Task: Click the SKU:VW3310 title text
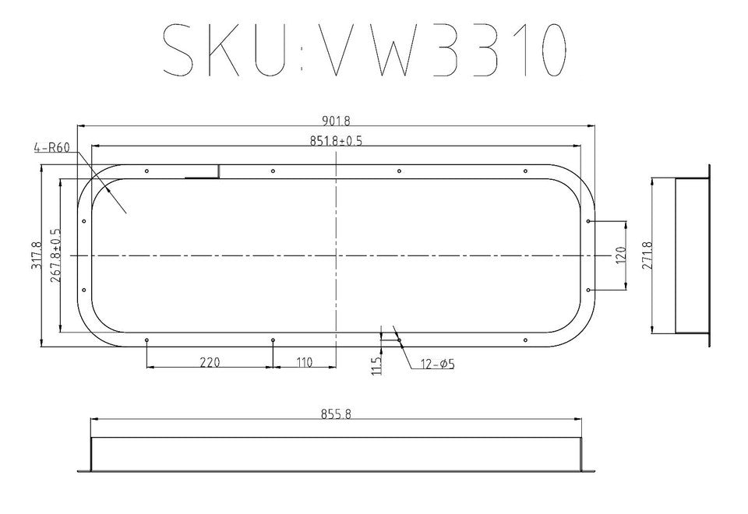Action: pos(362,51)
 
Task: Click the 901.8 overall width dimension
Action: pos(336,121)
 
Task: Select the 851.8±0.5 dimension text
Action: pos(337,141)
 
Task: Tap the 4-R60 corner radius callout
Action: pos(51,147)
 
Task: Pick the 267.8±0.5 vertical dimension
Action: pos(55,255)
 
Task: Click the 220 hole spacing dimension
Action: pos(210,362)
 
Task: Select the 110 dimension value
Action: pos(304,362)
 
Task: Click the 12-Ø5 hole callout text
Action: pos(437,364)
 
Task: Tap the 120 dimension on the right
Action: pos(621,255)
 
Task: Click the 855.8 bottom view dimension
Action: pos(336,414)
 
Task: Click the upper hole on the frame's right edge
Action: pos(589,221)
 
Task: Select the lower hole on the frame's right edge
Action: pos(589,290)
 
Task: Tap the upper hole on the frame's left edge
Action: pos(83,221)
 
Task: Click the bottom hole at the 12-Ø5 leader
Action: pos(399,340)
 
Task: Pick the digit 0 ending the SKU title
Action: pos(548,51)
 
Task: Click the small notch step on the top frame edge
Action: pos(218,171)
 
